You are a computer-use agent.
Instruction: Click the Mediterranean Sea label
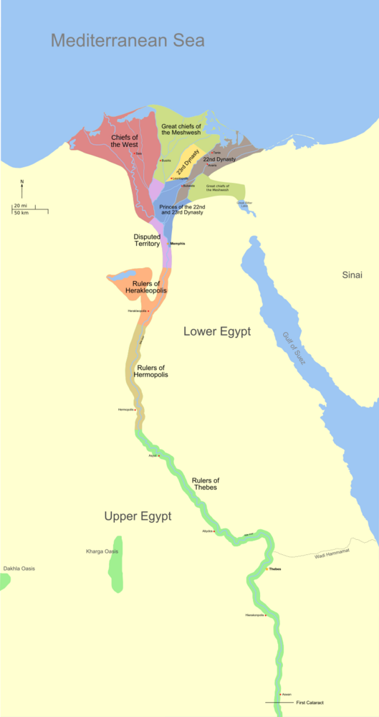pyautogui.click(x=128, y=40)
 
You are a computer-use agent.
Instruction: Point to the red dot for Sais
pyautogui.click(x=135, y=153)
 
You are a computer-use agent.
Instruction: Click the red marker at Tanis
pyautogui.click(x=211, y=153)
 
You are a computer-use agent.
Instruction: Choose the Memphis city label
pyautogui.click(x=177, y=244)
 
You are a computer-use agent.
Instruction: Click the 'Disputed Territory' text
pyautogui.click(x=147, y=240)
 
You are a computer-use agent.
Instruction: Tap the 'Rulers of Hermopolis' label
pyautogui.click(x=153, y=371)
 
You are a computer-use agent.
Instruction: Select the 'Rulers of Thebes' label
pyautogui.click(x=206, y=484)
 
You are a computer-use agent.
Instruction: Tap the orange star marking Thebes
pyautogui.click(x=267, y=569)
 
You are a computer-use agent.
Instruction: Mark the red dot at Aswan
pyautogui.click(x=280, y=695)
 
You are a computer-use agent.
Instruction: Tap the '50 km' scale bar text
pyautogui.click(x=21, y=213)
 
